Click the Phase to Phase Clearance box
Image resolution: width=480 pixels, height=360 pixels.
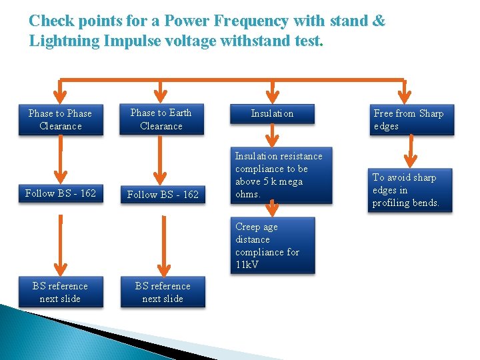point(61,120)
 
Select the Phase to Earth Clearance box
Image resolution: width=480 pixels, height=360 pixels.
point(161,119)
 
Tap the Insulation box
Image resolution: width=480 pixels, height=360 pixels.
point(272,114)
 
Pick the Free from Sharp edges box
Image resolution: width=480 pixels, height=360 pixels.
point(412,120)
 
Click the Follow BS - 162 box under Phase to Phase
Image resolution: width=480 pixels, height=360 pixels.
point(61,193)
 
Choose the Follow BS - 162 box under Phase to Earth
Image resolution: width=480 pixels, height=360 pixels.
point(163,194)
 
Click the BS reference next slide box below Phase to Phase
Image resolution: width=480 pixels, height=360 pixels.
point(61,292)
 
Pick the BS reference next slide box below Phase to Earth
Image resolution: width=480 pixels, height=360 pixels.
point(163,292)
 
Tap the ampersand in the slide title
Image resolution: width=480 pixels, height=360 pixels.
point(378,21)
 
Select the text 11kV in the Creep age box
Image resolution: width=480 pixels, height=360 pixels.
point(247,265)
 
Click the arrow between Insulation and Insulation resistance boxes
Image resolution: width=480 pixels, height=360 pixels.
point(271,137)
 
